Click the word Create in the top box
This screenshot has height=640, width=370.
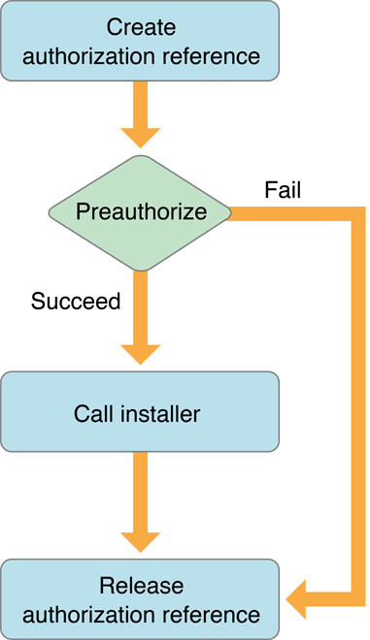140,26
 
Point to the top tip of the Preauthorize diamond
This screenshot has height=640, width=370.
140,158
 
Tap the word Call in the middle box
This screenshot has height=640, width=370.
92,415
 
